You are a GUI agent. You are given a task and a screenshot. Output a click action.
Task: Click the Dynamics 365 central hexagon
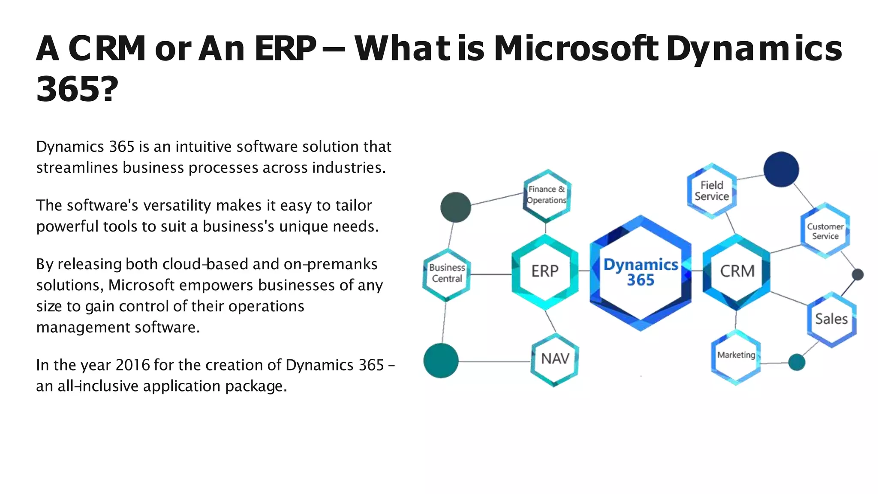(x=640, y=273)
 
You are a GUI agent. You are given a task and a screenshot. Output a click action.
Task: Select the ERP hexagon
(x=545, y=271)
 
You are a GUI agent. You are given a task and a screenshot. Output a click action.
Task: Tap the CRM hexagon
(x=737, y=271)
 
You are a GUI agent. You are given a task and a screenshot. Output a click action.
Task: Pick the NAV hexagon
(x=555, y=359)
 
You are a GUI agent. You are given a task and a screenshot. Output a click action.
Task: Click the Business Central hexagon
(x=447, y=274)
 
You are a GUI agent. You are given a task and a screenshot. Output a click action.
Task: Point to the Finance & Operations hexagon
(x=547, y=195)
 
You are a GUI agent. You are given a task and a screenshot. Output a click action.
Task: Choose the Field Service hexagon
(x=712, y=191)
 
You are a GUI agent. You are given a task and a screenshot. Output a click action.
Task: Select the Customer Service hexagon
(x=825, y=231)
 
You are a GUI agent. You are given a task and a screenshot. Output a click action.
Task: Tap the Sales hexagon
(x=831, y=319)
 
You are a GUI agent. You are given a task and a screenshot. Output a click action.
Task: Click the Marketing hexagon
(x=736, y=356)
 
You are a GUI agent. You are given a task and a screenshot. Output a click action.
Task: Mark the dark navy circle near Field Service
(x=781, y=169)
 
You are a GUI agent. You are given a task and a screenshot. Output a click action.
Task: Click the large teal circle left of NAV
(x=441, y=361)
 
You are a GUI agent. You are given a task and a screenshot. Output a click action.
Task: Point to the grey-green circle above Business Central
(x=456, y=207)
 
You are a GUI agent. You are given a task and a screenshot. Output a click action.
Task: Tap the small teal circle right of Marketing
(x=797, y=362)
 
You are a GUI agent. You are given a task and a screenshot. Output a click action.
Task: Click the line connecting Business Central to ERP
(x=491, y=274)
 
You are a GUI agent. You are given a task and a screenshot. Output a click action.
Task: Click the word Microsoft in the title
(x=576, y=48)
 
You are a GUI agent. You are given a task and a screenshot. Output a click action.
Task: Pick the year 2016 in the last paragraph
(x=132, y=365)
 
